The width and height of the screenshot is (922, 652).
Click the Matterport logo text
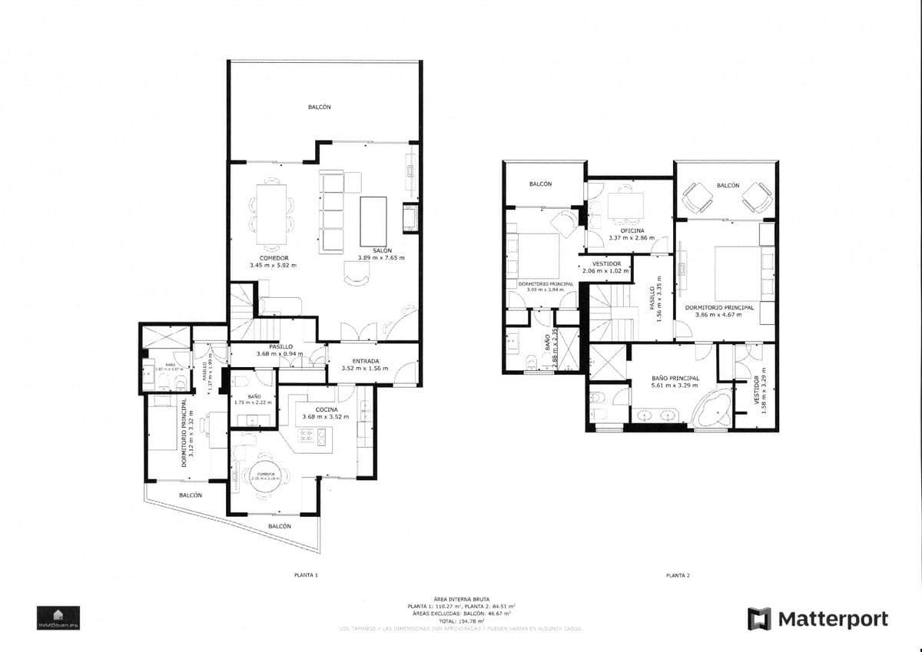point(833,619)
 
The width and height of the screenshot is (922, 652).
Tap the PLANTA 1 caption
point(306,574)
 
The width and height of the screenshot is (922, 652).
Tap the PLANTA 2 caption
point(678,574)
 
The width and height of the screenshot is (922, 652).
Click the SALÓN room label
point(382,251)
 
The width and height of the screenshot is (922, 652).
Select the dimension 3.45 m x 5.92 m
point(273,265)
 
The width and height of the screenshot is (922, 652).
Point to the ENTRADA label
point(364,361)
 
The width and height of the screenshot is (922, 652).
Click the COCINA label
point(326,410)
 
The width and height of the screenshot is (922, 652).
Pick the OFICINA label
point(632,230)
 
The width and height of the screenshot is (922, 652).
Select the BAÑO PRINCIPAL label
point(675,379)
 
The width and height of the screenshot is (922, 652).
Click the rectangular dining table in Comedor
point(270,211)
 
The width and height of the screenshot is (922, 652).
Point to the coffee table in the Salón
point(373,218)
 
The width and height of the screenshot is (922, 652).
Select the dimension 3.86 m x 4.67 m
point(718,314)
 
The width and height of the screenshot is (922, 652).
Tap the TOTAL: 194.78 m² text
point(461,621)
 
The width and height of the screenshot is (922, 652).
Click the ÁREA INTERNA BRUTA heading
point(461,599)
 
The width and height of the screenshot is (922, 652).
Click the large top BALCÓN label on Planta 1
point(319,108)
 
